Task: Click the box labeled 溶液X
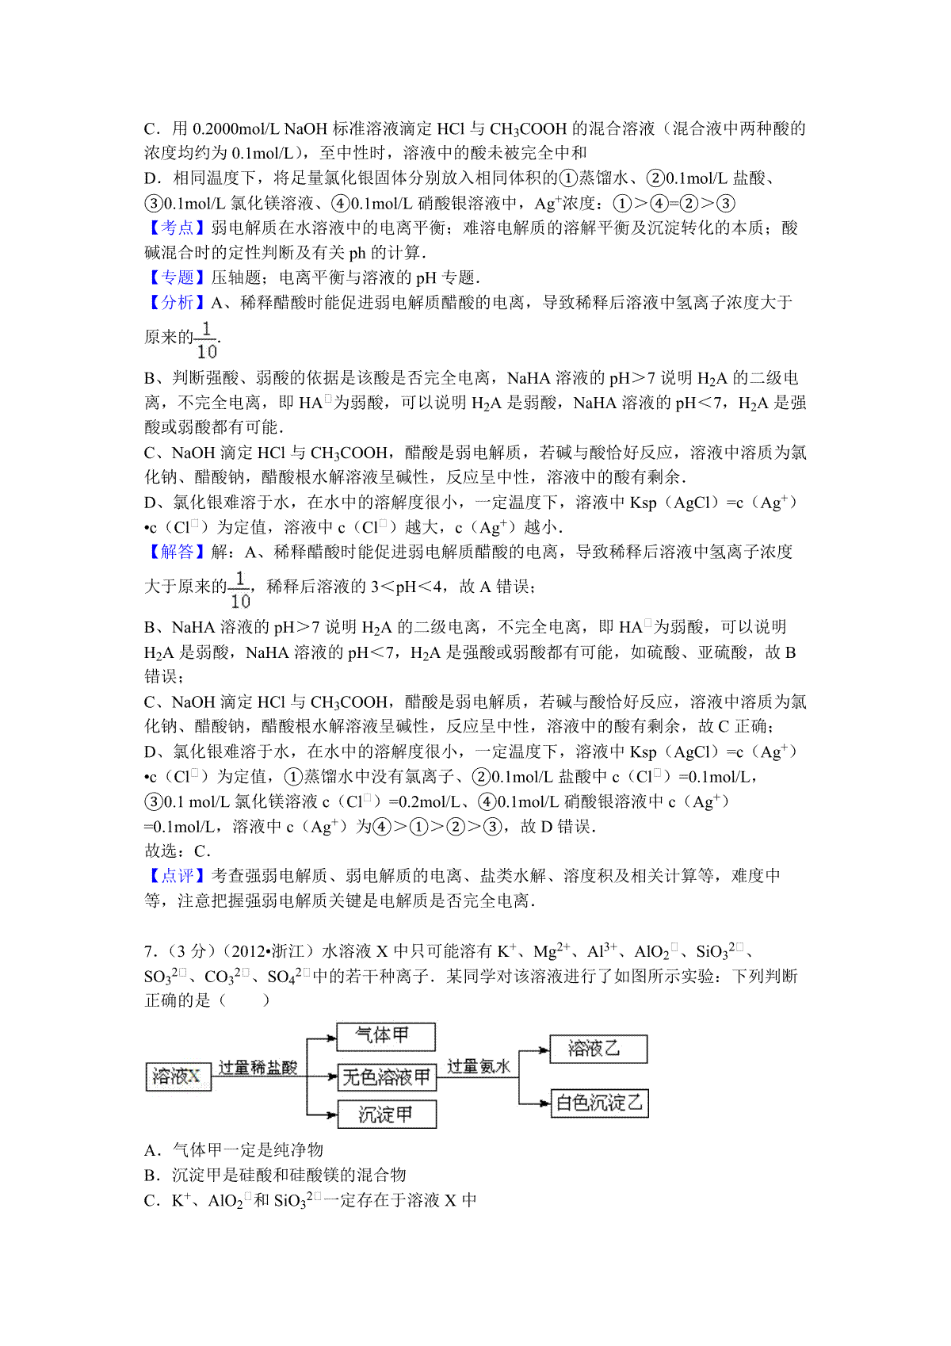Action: click(x=178, y=1076)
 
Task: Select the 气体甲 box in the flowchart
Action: click(x=386, y=1036)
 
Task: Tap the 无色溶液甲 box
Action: click(x=387, y=1077)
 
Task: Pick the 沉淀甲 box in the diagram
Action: click(x=387, y=1115)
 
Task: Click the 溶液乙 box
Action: click(x=598, y=1050)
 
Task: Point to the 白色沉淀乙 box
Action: click(x=599, y=1103)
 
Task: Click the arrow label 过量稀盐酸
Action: click(x=258, y=1067)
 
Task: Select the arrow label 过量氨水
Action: click(x=479, y=1066)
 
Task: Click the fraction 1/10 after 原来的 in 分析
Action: click(x=206, y=340)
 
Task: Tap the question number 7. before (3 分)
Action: click(x=150, y=951)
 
